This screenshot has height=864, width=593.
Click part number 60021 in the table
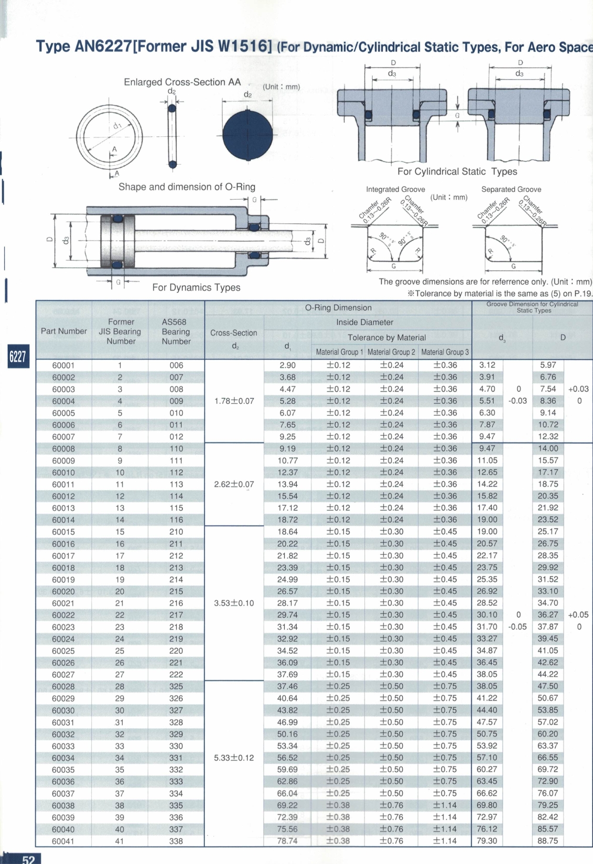tap(63, 603)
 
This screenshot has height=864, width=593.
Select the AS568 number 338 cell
tap(176, 841)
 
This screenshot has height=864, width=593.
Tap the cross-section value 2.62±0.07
tap(234, 484)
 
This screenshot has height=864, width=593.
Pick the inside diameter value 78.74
tap(287, 841)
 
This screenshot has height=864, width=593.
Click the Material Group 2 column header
tap(391, 352)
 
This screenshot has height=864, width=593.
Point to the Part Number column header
tap(63, 331)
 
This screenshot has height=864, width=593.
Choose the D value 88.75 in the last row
tap(547, 841)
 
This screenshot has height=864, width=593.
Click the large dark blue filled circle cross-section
tap(248, 135)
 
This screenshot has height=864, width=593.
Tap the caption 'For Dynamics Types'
tap(196, 287)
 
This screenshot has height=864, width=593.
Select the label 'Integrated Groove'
tap(395, 189)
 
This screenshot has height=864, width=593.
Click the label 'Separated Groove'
tap(511, 189)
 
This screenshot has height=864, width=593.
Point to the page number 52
tap(28, 859)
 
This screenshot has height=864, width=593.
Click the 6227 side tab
tap(17, 357)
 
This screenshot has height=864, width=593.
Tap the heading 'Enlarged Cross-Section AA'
tap(182, 82)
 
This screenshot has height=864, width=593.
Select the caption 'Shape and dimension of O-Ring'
tap(187, 187)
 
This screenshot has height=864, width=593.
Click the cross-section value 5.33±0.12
tap(234, 758)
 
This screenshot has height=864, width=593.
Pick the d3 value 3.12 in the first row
tap(487, 365)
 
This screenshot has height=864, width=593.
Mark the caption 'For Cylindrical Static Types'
tap(457, 171)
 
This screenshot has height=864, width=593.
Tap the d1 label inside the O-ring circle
tap(116, 126)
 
